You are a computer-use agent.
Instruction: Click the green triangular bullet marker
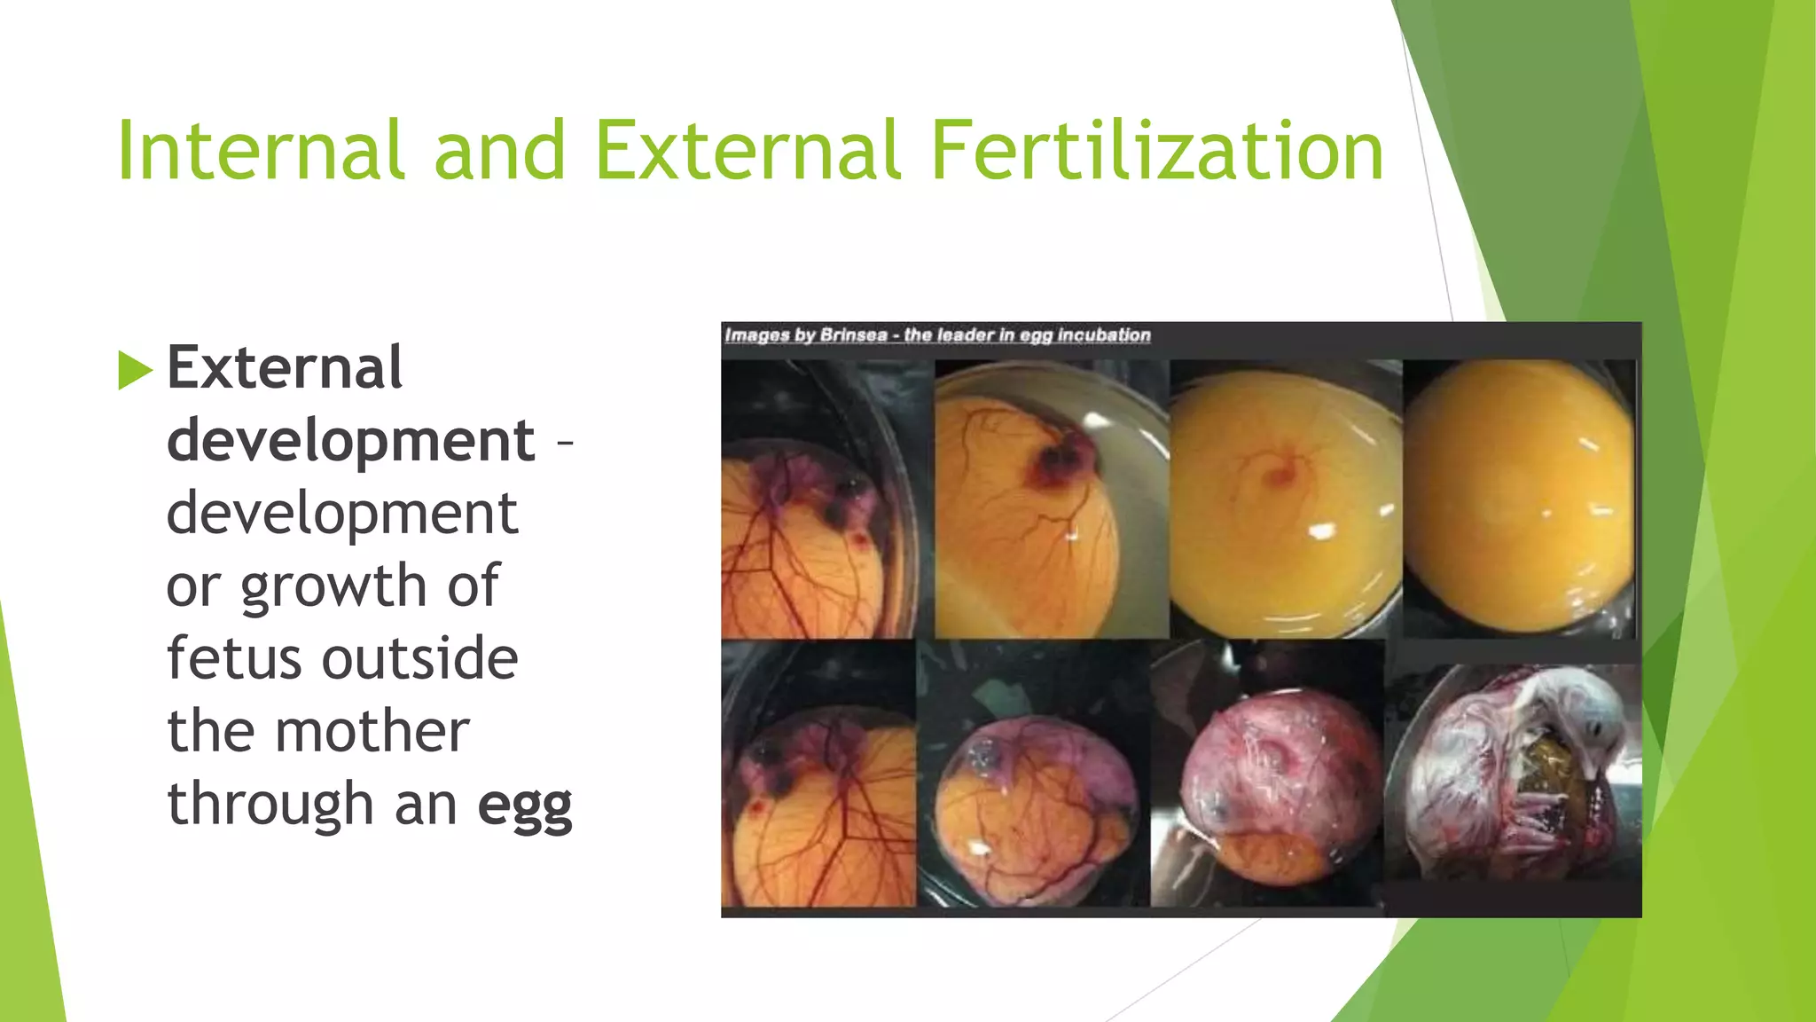(x=135, y=370)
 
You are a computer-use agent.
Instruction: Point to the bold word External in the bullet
(x=285, y=367)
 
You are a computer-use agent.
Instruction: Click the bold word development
(x=350, y=440)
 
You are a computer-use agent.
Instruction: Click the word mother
(x=372, y=731)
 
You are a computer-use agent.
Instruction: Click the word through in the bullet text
(x=271, y=804)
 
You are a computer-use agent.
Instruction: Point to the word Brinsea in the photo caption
(x=853, y=335)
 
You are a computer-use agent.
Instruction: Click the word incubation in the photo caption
(x=1103, y=335)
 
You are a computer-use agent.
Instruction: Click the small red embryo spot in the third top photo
(x=1280, y=476)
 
